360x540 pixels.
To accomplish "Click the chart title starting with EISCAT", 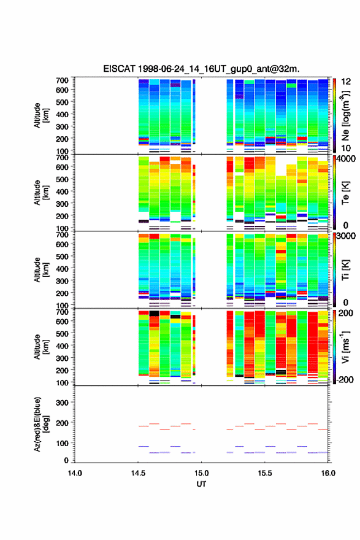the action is click(201, 69).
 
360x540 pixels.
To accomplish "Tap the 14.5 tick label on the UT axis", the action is click(138, 473).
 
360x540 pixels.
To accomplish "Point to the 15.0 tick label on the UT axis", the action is click(201, 473).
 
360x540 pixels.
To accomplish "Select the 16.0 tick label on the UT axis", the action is click(328, 473).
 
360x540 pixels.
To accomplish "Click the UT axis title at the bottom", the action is click(201, 484).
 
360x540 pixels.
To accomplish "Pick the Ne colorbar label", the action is click(345, 115).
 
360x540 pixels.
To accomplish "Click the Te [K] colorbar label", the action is click(345, 193).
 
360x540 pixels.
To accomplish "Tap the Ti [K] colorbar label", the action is click(345, 269).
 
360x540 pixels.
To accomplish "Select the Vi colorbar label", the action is click(345, 347).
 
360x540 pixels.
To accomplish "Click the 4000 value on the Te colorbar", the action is click(346, 159).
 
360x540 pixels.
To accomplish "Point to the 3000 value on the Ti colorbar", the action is click(346, 236).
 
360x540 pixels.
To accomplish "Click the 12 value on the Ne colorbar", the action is click(347, 82).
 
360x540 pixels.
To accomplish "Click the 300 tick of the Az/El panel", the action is click(63, 403).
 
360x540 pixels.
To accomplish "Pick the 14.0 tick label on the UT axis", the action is click(75, 473).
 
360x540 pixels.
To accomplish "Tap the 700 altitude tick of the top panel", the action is click(63, 80).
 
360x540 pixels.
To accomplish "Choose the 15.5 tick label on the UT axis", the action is click(265, 473).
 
